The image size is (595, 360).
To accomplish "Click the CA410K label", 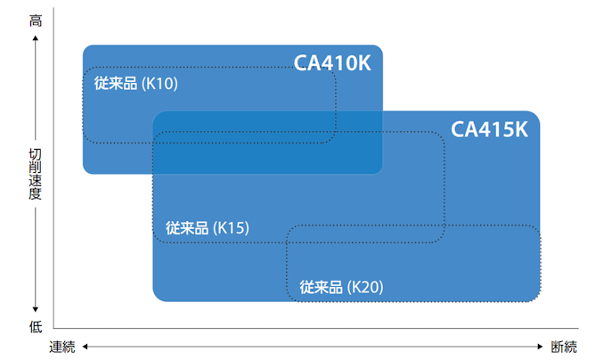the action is tap(332, 63).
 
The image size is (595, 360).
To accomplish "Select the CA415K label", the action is tap(490, 129).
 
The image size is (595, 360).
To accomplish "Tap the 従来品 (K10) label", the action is tap(136, 84).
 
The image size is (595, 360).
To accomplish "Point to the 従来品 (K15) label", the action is tap(208, 228).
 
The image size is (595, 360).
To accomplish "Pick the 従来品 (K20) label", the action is tap(341, 287).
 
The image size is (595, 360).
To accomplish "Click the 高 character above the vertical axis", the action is tap(36, 20).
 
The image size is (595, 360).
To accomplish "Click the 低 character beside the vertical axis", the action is tap(36, 326).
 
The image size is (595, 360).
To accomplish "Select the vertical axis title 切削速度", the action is tap(36, 174).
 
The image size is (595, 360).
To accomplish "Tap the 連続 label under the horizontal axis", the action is tap(62, 347).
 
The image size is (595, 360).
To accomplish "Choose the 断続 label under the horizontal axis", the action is tap(564, 347).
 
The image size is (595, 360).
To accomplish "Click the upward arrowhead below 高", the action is tap(36, 38).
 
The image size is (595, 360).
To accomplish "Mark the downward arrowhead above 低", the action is tap(36, 309).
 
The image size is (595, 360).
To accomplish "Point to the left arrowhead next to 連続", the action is tap(86, 347).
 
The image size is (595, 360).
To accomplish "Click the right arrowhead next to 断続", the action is tap(541, 347).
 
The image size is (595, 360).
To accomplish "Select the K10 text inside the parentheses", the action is tap(160, 84).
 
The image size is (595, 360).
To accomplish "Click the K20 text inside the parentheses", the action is tap(366, 287).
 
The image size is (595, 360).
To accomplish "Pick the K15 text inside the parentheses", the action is tap(232, 228).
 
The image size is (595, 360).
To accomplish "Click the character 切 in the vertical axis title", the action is tap(36, 154).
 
